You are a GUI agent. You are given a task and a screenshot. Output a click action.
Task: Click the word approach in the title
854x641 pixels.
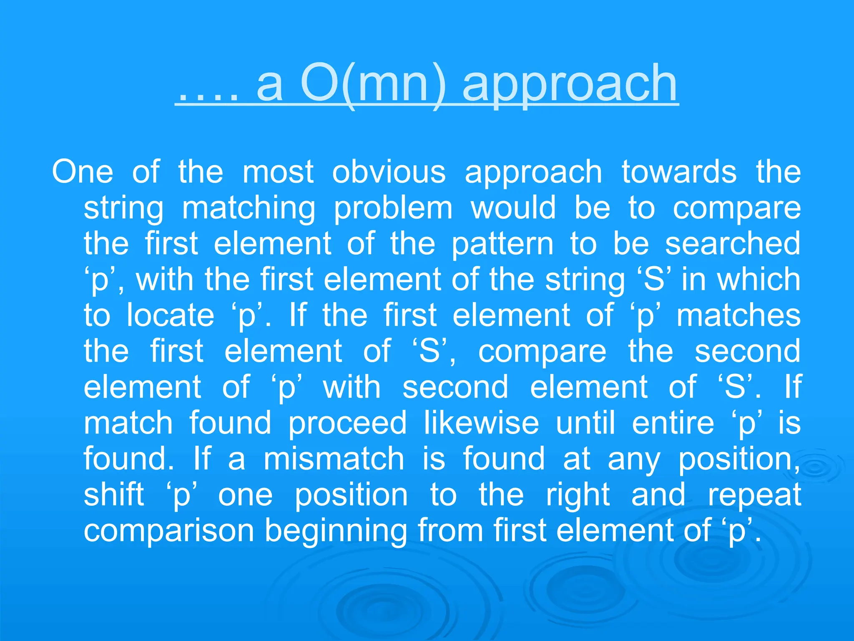[x=570, y=86]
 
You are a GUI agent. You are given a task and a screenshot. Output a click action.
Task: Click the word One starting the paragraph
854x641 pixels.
[x=82, y=172]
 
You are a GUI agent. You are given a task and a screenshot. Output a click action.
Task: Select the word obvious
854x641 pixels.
[x=389, y=172]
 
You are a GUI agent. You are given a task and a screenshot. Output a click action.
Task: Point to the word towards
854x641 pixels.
[x=679, y=172]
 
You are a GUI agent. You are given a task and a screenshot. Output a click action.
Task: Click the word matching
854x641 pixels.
[x=249, y=209]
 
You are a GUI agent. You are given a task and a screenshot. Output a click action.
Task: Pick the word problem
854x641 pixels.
[x=393, y=209]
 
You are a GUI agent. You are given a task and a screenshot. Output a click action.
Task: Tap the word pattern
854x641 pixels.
[x=502, y=244]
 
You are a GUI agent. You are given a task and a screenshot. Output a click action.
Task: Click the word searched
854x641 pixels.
[x=733, y=244]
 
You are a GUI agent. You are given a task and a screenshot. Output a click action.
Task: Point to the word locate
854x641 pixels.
[x=170, y=315]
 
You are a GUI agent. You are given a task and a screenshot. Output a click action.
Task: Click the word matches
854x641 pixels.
[x=738, y=315]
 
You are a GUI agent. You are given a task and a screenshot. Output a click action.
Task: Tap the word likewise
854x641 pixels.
[x=481, y=423]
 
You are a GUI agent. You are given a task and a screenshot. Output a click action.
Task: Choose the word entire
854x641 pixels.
[x=673, y=423]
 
